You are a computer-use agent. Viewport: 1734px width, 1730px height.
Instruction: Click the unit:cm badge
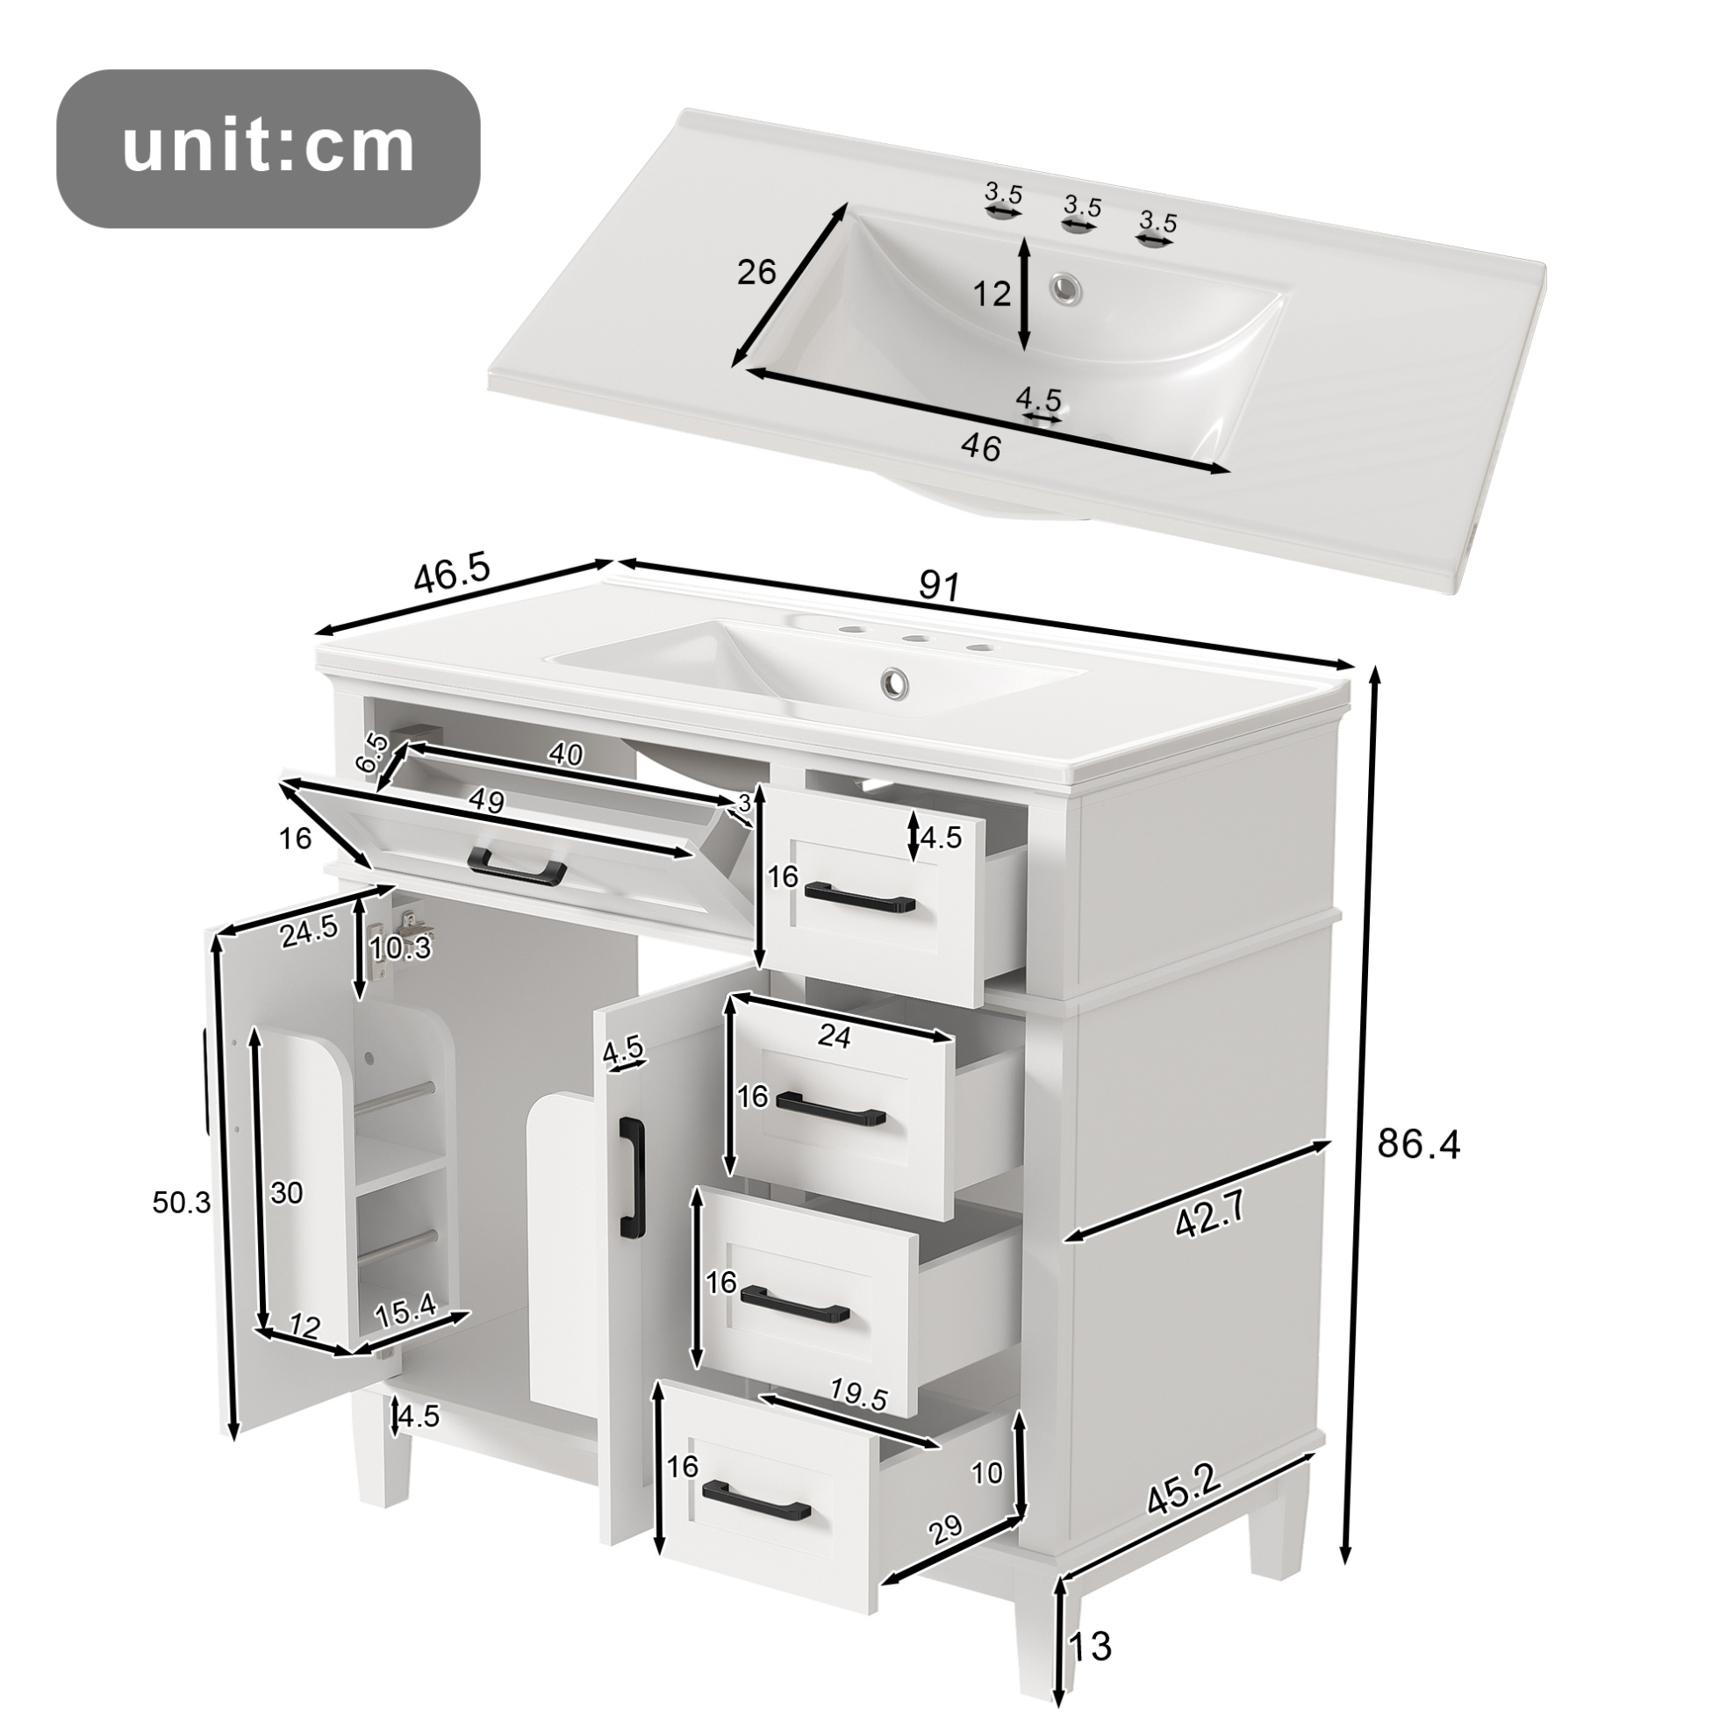click(269, 148)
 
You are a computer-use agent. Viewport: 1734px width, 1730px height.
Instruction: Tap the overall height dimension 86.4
click(1419, 1144)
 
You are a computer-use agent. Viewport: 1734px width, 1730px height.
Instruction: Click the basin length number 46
click(980, 447)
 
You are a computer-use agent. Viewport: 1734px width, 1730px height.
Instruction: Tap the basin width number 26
click(756, 272)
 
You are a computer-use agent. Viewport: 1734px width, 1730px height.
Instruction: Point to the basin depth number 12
click(992, 293)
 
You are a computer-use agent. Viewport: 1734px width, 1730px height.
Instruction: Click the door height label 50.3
click(182, 1203)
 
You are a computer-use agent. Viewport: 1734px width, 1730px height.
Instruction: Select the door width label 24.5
click(308, 933)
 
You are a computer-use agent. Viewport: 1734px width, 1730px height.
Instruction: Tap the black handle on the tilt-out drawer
click(517, 865)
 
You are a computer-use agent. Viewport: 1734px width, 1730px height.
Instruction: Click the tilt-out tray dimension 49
click(485, 800)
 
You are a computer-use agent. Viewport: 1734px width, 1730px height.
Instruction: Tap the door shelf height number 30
click(286, 1193)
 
